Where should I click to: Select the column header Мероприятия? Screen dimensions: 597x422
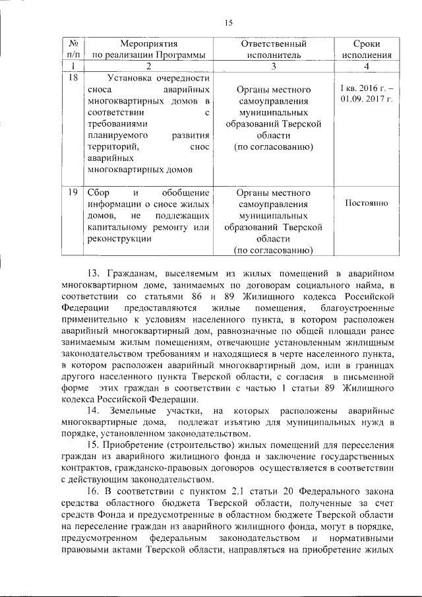[x=148, y=44]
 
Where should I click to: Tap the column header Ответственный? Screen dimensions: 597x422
[x=273, y=44]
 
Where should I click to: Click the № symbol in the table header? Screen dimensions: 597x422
[x=73, y=44]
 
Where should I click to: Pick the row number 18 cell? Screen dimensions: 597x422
[x=73, y=79]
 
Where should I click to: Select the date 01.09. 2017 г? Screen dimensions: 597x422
[x=366, y=99]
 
